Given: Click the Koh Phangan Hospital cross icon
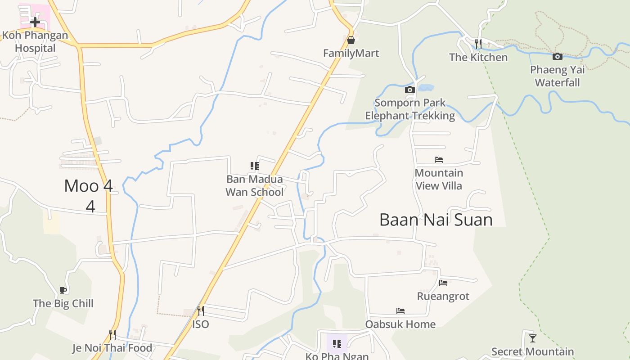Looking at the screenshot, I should (x=35, y=21).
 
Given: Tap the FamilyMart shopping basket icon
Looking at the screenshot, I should (x=351, y=40).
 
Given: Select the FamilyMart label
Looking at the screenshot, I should (x=351, y=53).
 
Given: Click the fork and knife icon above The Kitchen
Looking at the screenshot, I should (x=478, y=44).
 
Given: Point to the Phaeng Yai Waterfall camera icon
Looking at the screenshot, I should (x=558, y=56).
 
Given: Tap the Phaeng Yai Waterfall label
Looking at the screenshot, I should (x=558, y=76).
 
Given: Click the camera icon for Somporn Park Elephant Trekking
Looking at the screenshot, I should (x=409, y=90).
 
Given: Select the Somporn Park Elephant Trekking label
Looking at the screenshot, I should (x=410, y=109).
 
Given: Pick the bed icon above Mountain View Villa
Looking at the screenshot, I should (x=439, y=160).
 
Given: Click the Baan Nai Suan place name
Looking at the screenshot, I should (x=436, y=220).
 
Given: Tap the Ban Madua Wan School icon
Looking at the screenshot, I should (x=255, y=166).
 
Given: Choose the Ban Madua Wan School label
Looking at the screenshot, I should (x=255, y=185).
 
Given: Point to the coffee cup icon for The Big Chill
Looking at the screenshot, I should (x=63, y=290).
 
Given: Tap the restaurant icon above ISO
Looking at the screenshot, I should (x=201, y=311).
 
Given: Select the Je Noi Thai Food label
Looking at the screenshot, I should (x=112, y=348).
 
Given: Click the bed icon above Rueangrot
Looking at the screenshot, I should (x=443, y=283).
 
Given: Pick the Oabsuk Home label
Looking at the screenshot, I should (x=400, y=324).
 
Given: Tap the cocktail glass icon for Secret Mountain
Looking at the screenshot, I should (x=533, y=338).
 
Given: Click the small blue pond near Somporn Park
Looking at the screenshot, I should (x=426, y=88).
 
